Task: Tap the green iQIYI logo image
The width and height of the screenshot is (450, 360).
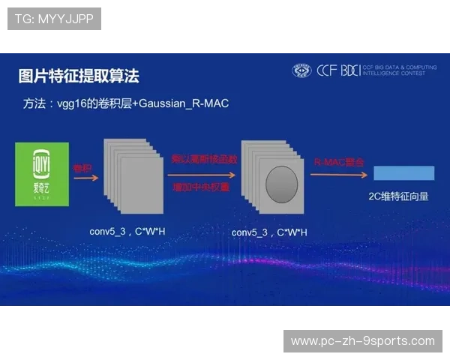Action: (x=42, y=174)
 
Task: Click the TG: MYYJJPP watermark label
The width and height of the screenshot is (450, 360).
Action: (x=54, y=19)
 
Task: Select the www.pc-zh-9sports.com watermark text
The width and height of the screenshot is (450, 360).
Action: (x=362, y=341)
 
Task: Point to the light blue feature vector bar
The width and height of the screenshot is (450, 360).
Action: (x=403, y=173)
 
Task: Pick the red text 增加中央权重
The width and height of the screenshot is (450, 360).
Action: (x=200, y=186)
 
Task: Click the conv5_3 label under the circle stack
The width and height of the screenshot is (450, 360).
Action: (x=269, y=232)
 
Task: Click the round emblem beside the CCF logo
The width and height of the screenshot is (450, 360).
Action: (x=301, y=70)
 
